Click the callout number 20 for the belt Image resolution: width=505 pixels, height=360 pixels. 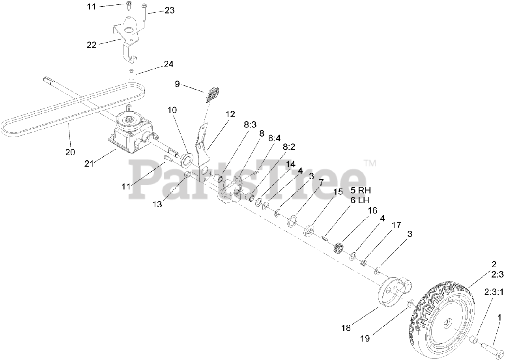click(x=70, y=152)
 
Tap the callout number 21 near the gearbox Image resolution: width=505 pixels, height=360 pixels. click(x=89, y=163)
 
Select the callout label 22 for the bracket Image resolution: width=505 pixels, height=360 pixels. click(x=92, y=45)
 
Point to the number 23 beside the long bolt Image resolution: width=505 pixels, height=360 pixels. click(x=169, y=11)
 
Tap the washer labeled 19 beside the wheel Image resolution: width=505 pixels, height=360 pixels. click(x=410, y=303)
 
